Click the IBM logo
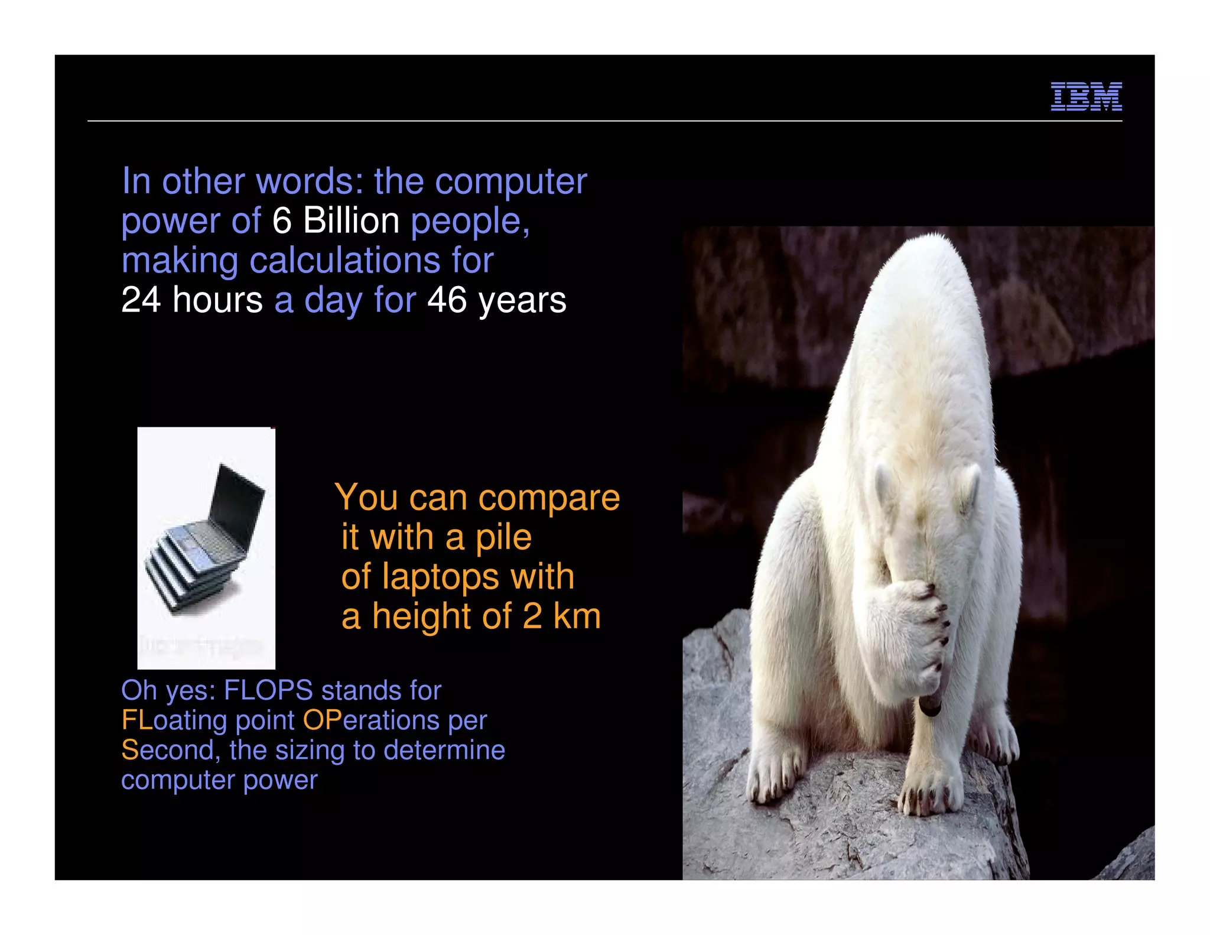tap(1086, 96)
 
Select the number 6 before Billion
tap(282, 221)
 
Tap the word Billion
tap(351, 221)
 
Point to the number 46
tap(447, 300)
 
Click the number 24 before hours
tap(141, 300)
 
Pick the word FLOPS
tap(268, 690)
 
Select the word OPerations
tap(371, 720)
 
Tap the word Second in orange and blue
tap(167, 751)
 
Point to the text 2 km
tap(561, 616)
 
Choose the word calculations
tap(345, 261)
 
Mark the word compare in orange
tap(549, 498)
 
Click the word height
tap(422, 616)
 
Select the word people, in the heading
tap(470, 222)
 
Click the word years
tap(522, 300)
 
